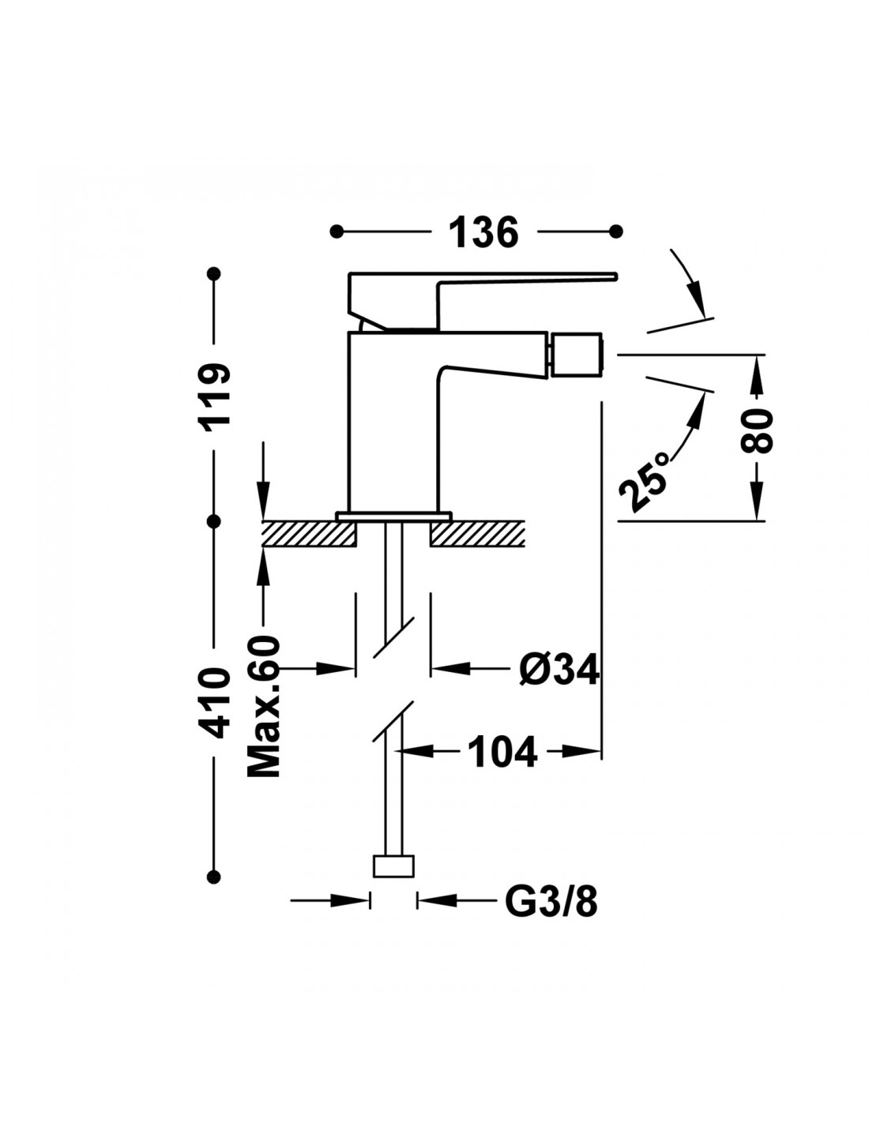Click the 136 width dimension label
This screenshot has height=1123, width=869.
click(x=483, y=232)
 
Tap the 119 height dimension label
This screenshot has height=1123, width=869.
click(x=215, y=395)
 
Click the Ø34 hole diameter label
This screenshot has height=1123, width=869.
click(x=559, y=669)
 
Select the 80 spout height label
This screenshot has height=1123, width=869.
click(x=757, y=431)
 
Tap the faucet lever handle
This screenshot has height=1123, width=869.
click(x=483, y=300)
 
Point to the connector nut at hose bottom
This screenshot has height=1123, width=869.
click(x=393, y=866)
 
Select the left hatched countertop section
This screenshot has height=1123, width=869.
click(x=310, y=533)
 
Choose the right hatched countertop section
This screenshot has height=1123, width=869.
click(x=478, y=533)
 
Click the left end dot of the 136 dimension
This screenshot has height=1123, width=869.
click(x=337, y=231)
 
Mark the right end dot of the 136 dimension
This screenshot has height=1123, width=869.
click(x=615, y=231)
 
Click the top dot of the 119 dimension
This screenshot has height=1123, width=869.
click(x=213, y=273)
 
